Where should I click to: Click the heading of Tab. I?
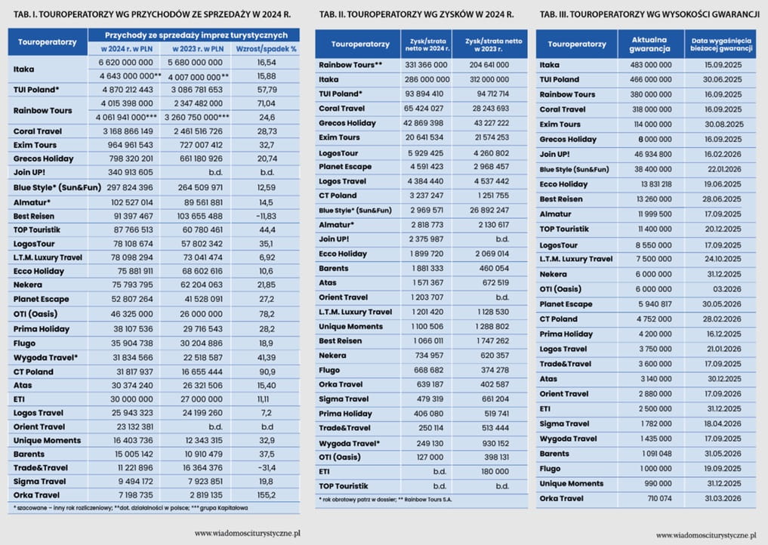[x=152, y=14]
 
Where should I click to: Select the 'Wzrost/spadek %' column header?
[x=266, y=49]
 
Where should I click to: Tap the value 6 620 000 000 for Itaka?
[x=126, y=63]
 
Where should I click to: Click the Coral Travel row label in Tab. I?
[x=38, y=131]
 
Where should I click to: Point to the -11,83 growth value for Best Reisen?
[x=266, y=216]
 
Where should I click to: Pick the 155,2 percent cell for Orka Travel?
[x=267, y=495]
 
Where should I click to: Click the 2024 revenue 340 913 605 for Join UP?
[x=131, y=172]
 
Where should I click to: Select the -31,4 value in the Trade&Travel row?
[x=267, y=468]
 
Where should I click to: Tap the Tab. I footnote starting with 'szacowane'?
[x=131, y=508]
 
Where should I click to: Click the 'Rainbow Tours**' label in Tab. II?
[x=350, y=65]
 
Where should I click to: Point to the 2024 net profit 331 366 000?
[x=426, y=65]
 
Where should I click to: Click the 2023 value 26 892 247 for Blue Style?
[x=489, y=210]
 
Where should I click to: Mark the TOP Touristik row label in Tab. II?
[x=344, y=486]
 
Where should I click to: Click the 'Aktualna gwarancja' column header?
[x=649, y=44]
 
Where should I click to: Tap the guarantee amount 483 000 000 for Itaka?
[x=650, y=65]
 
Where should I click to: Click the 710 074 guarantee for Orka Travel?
[x=659, y=498]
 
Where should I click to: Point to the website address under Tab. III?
[x=706, y=535]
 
